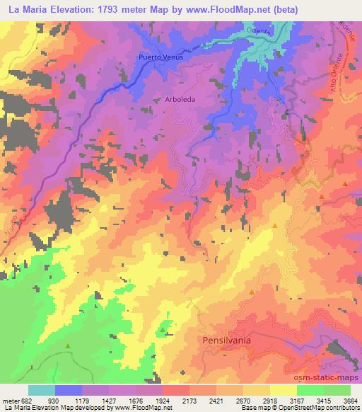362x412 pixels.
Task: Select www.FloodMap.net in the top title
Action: pyautogui.click(x=227, y=10)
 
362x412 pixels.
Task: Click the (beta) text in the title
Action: pyautogui.click(x=281, y=10)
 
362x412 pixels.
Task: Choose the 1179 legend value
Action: pyautogui.click(x=96, y=400)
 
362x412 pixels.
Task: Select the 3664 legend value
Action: pyautogui.click(x=351, y=400)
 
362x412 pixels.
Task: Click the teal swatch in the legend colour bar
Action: pyautogui.click(x=41, y=390)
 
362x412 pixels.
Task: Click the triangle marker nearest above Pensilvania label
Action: pyautogui.click(x=252, y=291)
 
